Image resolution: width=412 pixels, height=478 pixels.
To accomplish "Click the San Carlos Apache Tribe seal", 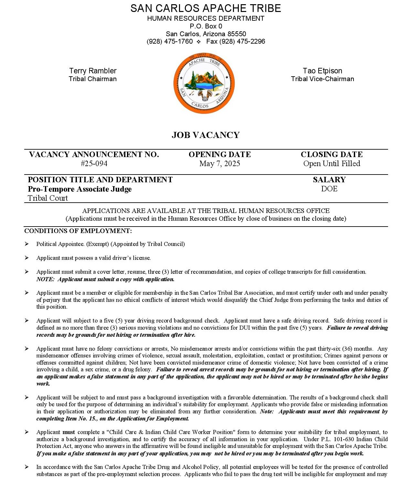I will click(204, 83).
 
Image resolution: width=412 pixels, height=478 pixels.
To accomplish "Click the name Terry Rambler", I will click(93, 71).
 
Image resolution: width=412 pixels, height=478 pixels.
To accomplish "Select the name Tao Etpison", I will click(322, 71).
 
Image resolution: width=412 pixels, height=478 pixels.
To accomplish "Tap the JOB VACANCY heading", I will click(206, 135).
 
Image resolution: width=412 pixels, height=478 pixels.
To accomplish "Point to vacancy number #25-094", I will click(94, 164).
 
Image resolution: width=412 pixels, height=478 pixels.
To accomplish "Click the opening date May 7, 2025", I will click(219, 164).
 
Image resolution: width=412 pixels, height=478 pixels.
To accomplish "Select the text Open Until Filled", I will click(332, 164).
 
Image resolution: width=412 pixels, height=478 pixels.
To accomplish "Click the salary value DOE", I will click(329, 189).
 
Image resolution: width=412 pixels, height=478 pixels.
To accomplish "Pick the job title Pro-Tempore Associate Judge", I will click(80, 189).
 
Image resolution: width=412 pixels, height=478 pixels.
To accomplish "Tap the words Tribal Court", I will click(48, 198).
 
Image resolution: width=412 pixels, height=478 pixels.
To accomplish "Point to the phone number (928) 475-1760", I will click(170, 41).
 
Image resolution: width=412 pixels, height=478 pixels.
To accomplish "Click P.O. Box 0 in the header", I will click(206, 26).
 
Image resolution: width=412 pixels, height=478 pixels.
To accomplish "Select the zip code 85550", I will click(237, 34).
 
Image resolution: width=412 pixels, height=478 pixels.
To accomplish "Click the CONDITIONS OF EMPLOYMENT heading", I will click(78, 231).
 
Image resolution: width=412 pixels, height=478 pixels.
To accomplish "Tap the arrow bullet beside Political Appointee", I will click(27, 244).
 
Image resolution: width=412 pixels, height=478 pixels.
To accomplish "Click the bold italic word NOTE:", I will click(45, 279).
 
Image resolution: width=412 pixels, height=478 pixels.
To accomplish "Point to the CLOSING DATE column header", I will click(332, 154).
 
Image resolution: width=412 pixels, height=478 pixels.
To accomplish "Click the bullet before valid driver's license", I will click(27, 258).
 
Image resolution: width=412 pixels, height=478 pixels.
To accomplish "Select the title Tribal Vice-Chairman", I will click(322, 79).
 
